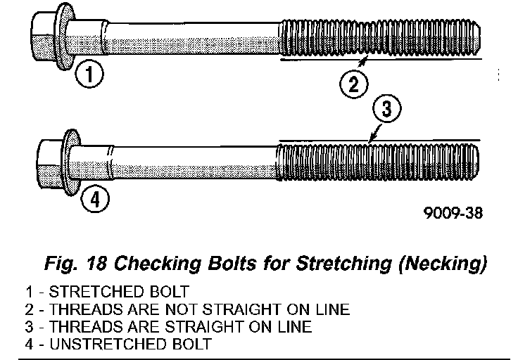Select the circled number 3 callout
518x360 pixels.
(386, 110)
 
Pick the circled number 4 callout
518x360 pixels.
(95, 200)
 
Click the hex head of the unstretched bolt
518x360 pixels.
(50, 163)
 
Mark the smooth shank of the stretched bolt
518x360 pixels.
(190, 37)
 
